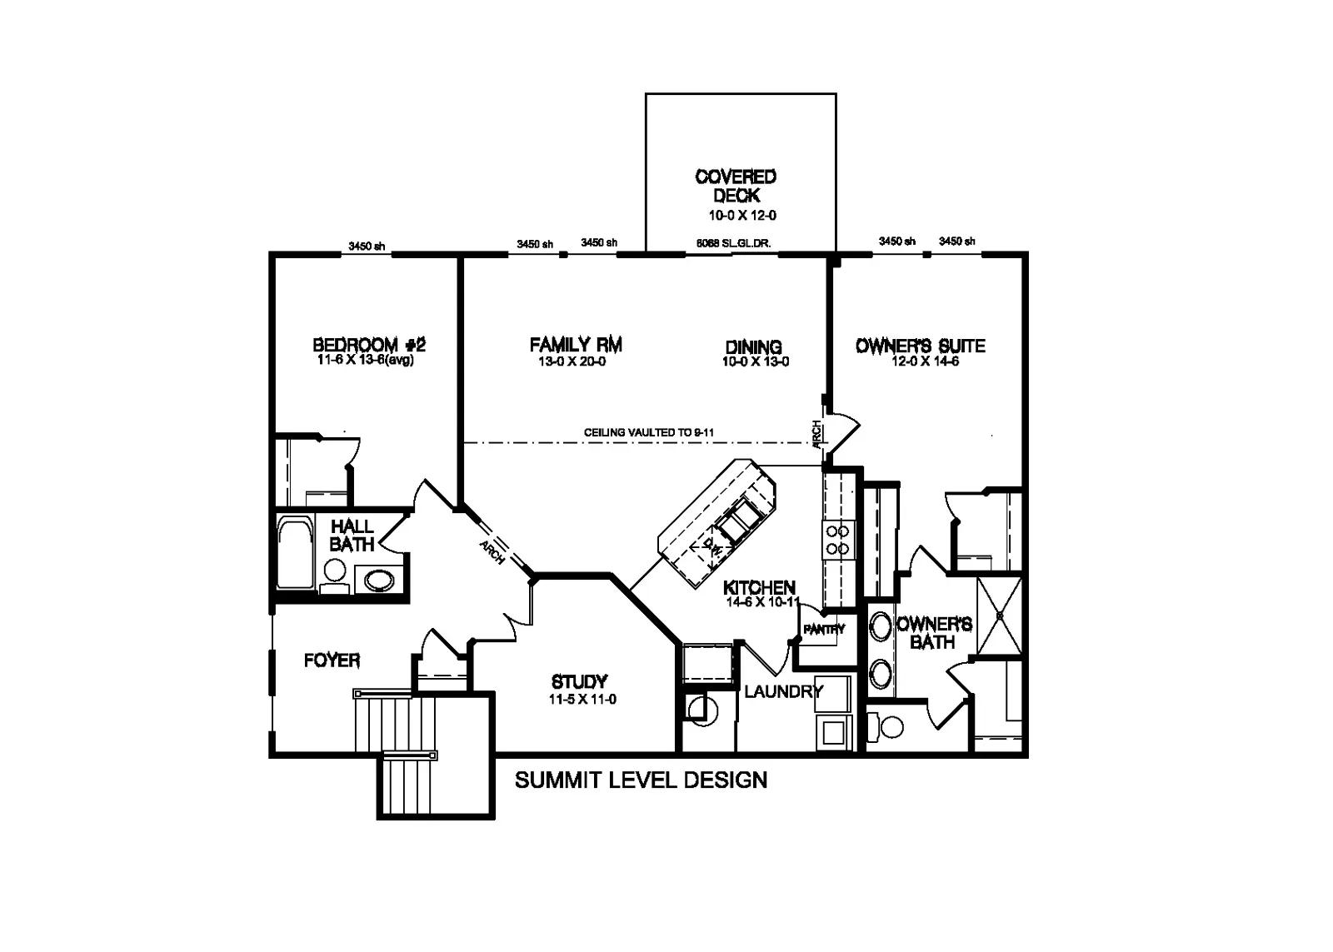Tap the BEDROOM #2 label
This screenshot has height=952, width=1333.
tap(369, 345)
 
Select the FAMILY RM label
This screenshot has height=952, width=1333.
tap(576, 344)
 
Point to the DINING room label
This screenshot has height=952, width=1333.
tap(753, 346)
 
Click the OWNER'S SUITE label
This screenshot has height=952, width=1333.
tap(921, 346)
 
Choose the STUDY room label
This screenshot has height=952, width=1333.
tap(579, 682)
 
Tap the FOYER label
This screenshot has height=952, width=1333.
tap(332, 660)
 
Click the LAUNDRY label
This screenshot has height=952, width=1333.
tap(783, 691)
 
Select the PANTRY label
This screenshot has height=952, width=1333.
tap(824, 630)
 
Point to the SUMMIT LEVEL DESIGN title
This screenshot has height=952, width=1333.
tap(641, 780)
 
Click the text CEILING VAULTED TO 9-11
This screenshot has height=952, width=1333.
tap(649, 433)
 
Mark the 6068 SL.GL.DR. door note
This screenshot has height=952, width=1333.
tap(733, 244)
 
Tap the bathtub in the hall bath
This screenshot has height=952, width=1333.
tap(294, 553)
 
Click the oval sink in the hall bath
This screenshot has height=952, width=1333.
tap(379, 579)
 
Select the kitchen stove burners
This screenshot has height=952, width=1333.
tap(836, 540)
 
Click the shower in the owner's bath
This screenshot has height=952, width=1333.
tap(998, 616)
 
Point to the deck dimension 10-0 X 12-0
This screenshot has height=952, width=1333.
tap(742, 215)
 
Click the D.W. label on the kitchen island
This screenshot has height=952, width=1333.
tap(711, 548)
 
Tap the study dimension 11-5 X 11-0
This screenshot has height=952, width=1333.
tap(582, 700)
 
